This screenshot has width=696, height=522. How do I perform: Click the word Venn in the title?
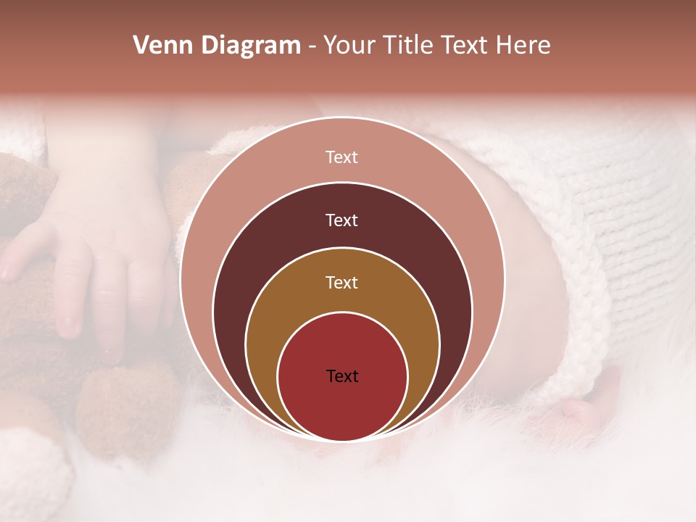pos(162,46)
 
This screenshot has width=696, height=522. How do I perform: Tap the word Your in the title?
pos(350,46)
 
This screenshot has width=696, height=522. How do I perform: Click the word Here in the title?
pos(523,46)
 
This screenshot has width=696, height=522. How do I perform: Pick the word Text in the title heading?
pos(468,46)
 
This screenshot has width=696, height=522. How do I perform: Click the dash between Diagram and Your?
pos(312,47)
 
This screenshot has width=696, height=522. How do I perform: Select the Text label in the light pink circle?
pos(341,157)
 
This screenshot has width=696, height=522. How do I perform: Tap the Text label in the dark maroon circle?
pos(341,220)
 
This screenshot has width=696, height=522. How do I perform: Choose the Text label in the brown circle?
pos(341,282)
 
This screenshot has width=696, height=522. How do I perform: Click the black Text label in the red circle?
pos(341,376)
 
